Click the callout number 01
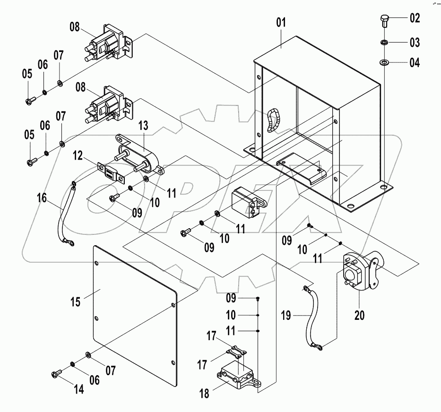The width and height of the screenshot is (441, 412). pos(282,23)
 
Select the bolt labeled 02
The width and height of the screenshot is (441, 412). pos(383,21)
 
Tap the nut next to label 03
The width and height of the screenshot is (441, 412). pos(384,43)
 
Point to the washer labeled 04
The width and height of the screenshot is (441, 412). pos(384,62)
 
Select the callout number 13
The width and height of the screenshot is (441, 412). pos(143,126)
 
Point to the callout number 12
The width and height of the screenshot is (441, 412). pos(78,155)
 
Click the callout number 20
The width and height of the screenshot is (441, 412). pos(360,315)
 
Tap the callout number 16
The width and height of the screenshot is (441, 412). pos(42,197)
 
